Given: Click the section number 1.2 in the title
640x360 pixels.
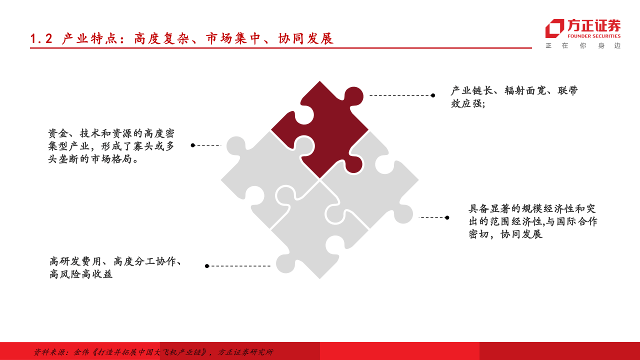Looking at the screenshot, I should [x=41, y=38].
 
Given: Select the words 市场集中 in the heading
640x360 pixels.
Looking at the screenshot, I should [x=234, y=38].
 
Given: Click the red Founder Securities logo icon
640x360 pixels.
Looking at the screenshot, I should [x=554, y=28].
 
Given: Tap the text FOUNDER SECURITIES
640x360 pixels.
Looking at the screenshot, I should [x=594, y=36].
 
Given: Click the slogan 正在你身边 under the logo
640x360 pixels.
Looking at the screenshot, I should [x=583, y=45].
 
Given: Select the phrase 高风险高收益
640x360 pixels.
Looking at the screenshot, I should [x=81, y=274].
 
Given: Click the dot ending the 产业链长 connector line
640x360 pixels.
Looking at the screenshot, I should [x=433, y=95].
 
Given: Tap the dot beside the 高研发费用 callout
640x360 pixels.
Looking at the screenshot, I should [x=206, y=266].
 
